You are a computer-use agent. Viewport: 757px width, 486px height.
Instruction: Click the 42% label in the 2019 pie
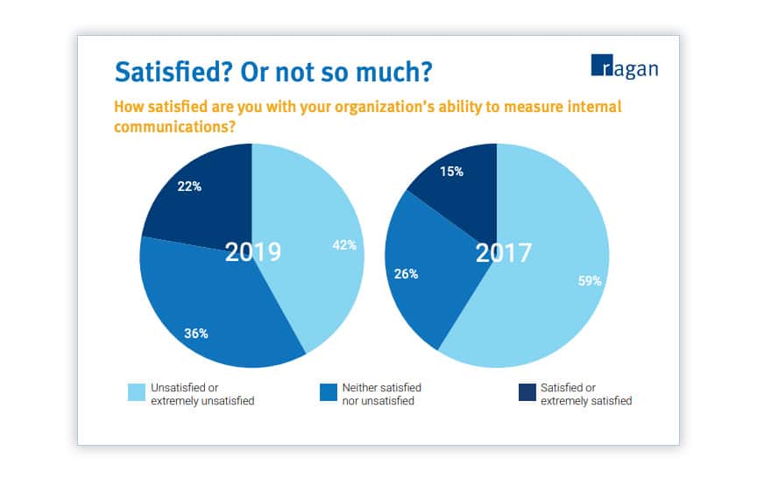point(344,245)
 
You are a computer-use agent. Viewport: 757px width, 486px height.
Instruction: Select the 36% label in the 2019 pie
point(195,333)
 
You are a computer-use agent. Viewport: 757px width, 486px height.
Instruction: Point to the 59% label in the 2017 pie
point(590,281)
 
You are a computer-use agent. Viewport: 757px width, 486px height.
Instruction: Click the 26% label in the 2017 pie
point(406,274)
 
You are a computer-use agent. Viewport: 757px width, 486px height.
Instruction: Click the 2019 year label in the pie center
point(252,252)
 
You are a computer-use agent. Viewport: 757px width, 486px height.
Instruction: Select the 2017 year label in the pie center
point(503,253)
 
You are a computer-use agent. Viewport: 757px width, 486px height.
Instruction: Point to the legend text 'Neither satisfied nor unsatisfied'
point(378,394)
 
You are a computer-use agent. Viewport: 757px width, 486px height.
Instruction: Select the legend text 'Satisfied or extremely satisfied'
point(585,394)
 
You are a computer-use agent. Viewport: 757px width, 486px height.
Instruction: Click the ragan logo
point(625,67)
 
